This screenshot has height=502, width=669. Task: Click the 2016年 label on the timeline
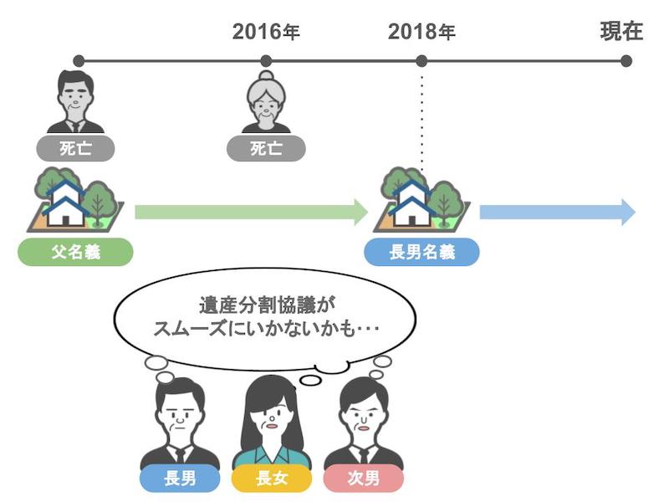tap(266, 32)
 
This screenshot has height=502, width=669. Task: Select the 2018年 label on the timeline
tap(421, 32)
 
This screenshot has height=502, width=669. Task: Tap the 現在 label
tap(621, 31)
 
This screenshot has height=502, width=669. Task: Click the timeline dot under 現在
tap(626, 61)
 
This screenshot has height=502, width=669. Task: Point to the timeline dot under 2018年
tap(421, 61)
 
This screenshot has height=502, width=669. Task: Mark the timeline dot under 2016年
tap(266, 61)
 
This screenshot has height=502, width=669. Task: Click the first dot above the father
tap(79, 61)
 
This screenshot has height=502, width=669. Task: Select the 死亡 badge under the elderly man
tap(75, 149)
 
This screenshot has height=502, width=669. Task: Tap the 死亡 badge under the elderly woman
tap(266, 149)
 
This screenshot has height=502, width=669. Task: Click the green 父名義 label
tap(75, 252)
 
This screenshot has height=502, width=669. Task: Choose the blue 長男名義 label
tap(421, 252)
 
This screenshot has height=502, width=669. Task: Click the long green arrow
tap(252, 212)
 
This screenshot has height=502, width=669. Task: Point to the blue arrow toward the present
tap(558, 212)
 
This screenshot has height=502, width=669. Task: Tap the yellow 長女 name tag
tap(272, 478)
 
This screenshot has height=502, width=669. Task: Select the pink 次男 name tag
tap(364, 478)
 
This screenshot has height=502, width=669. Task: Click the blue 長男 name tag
tap(180, 478)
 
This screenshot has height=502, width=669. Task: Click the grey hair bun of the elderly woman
tap(266, 77)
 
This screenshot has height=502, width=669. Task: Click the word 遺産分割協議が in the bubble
tap(267, 305)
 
